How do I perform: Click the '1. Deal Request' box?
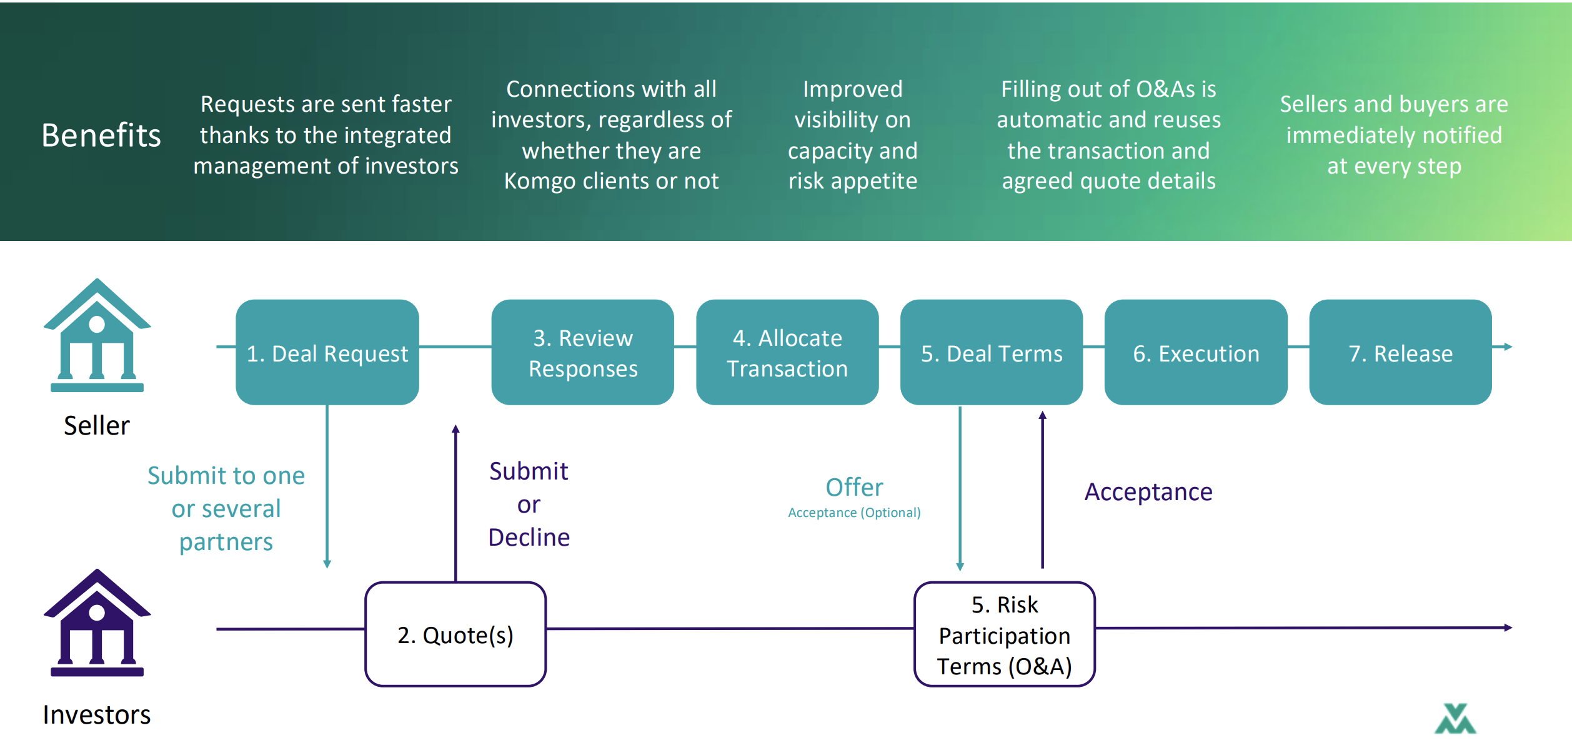[x=327, y=352]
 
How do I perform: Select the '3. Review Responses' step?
[x=583, y=352]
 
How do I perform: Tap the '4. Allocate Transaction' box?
[x=787, y=352]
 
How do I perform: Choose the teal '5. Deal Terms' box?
[x=992, y=352]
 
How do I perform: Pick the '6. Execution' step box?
[x=1196, y=352]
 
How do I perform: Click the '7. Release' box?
[x=1401, y=352]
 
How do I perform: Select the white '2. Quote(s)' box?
[x=455, y=634]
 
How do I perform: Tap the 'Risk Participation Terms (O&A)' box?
[x=1005, y=634]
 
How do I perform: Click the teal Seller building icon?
[x=97, y=335]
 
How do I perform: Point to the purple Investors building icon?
[x=97, y=623]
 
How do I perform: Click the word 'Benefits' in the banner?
[x=101, y=135]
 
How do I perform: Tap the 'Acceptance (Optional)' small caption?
[x=854, y=513]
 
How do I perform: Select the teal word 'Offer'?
[x=854, y=487]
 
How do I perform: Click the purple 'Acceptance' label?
[x=1148, y=492]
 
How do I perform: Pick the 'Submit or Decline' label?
[x=529, y=504]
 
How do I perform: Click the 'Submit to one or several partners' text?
[x=226, y=508]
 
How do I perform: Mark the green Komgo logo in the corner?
[x=1455, y=719]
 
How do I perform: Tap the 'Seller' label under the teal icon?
[x=97, y=425]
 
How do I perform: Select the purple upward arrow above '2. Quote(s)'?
[x=455, y=503]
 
